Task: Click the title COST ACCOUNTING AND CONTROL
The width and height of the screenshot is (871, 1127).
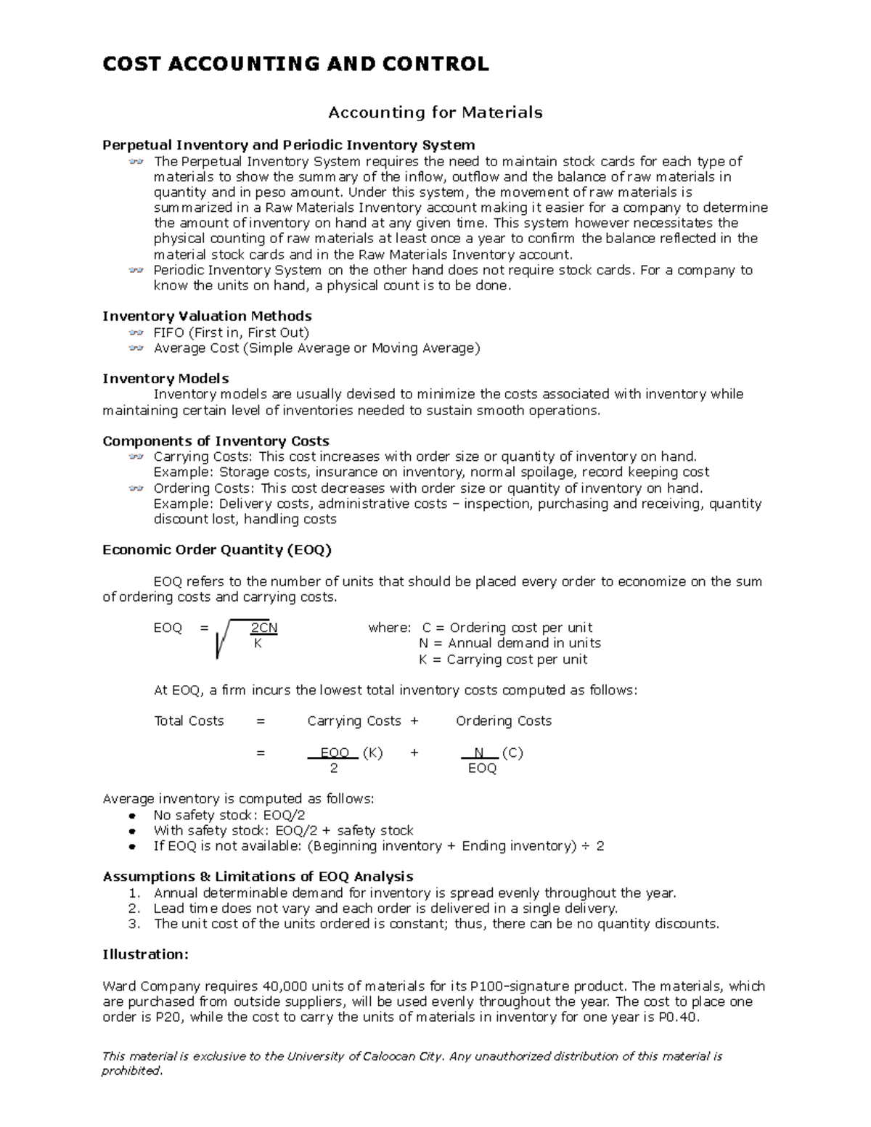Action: point(295,64)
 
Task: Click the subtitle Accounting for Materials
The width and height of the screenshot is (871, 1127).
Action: point(435,112)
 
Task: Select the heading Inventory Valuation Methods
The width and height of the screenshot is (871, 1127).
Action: point(207,316)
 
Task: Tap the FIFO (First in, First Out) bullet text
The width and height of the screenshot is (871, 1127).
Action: point(231,332)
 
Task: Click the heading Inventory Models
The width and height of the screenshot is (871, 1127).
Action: point(165,379)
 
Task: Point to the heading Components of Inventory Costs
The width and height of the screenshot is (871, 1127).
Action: point(216,441)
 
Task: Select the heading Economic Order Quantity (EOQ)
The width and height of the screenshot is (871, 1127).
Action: point(216,550)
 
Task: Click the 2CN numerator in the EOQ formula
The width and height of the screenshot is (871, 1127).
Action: point(263,628)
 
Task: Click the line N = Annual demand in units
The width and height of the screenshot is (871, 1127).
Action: point(510,644)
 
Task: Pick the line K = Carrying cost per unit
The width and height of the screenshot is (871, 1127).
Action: point(503,660)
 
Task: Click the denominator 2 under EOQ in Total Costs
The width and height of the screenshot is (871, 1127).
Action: point(334,769)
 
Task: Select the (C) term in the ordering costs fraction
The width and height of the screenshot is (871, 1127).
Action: point(512,753)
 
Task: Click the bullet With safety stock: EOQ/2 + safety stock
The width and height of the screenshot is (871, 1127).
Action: point(283,830)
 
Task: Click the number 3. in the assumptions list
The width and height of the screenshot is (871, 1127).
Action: point(134,924)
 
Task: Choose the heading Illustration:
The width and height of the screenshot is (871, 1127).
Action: point(145,955)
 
